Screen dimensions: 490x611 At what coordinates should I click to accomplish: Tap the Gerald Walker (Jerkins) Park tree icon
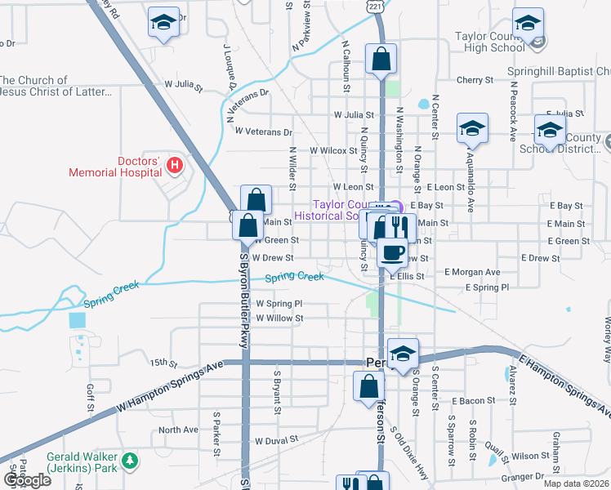129,462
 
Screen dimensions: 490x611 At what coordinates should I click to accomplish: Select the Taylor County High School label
489,42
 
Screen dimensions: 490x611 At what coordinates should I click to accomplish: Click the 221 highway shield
374,6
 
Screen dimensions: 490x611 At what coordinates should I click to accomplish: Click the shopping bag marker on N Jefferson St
381,60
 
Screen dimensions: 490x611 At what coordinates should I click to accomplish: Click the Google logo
27,479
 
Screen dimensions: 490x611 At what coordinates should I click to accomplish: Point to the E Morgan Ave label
471,271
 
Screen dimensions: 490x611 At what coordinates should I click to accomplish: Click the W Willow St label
279,318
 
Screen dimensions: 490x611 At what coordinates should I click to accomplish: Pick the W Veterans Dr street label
263,131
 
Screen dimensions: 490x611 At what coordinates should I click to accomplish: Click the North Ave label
178,430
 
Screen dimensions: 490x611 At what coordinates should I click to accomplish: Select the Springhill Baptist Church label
559,72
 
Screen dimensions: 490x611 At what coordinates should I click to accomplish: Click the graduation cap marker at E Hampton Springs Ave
403,354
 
